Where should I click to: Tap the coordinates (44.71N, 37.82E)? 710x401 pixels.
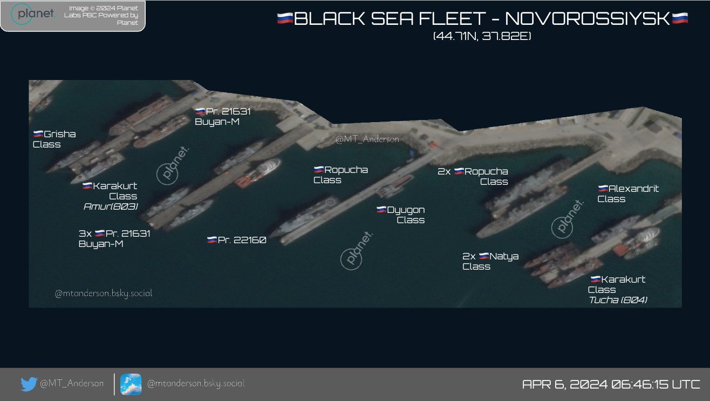[x=482, y=37]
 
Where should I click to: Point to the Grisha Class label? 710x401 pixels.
[x=54, y=139]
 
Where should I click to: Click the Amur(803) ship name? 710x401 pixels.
[x=111, y=206]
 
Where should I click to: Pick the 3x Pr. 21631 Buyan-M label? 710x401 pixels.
[x=114, y=238]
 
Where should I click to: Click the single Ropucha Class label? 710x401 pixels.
[x=340, y=175]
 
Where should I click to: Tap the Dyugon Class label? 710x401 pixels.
[x=400, y=215]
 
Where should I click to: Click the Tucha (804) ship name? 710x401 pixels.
[x=618, y=300]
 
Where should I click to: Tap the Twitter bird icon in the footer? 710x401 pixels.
[x=28, y=384]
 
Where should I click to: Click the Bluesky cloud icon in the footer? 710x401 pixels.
[x=131, y=384]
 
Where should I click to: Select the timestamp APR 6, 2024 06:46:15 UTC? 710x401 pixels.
[x=611, y=384]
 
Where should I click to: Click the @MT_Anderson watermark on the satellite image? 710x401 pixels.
[x=367, y=139]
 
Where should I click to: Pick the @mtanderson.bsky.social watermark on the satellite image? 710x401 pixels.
[x=103, y=293]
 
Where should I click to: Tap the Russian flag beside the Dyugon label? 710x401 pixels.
[x=381, y=210]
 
